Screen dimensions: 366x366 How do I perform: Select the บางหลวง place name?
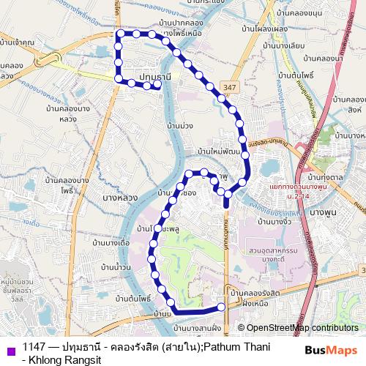[x=120, y=198]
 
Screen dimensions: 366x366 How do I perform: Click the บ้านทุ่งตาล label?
[x=326, y=178]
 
